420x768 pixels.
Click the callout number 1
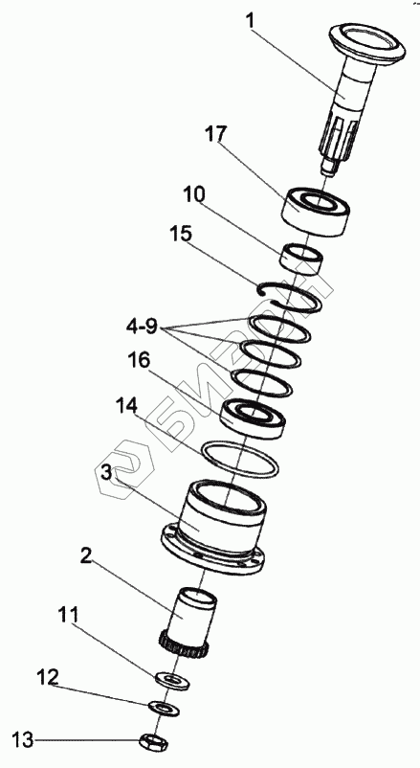251,22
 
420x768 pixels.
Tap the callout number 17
216,134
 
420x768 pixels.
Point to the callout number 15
181,234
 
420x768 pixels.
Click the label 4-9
142,327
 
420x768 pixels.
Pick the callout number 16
139,361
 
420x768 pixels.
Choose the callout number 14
127,407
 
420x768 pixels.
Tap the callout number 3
107,473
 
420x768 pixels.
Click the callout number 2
86,556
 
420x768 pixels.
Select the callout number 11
68,615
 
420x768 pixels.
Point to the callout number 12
48,678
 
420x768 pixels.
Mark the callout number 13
23,740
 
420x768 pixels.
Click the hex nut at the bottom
154,742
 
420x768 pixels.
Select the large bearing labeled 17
317,212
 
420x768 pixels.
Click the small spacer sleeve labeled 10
302,260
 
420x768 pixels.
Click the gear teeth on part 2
184,647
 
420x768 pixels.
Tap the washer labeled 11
172,681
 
